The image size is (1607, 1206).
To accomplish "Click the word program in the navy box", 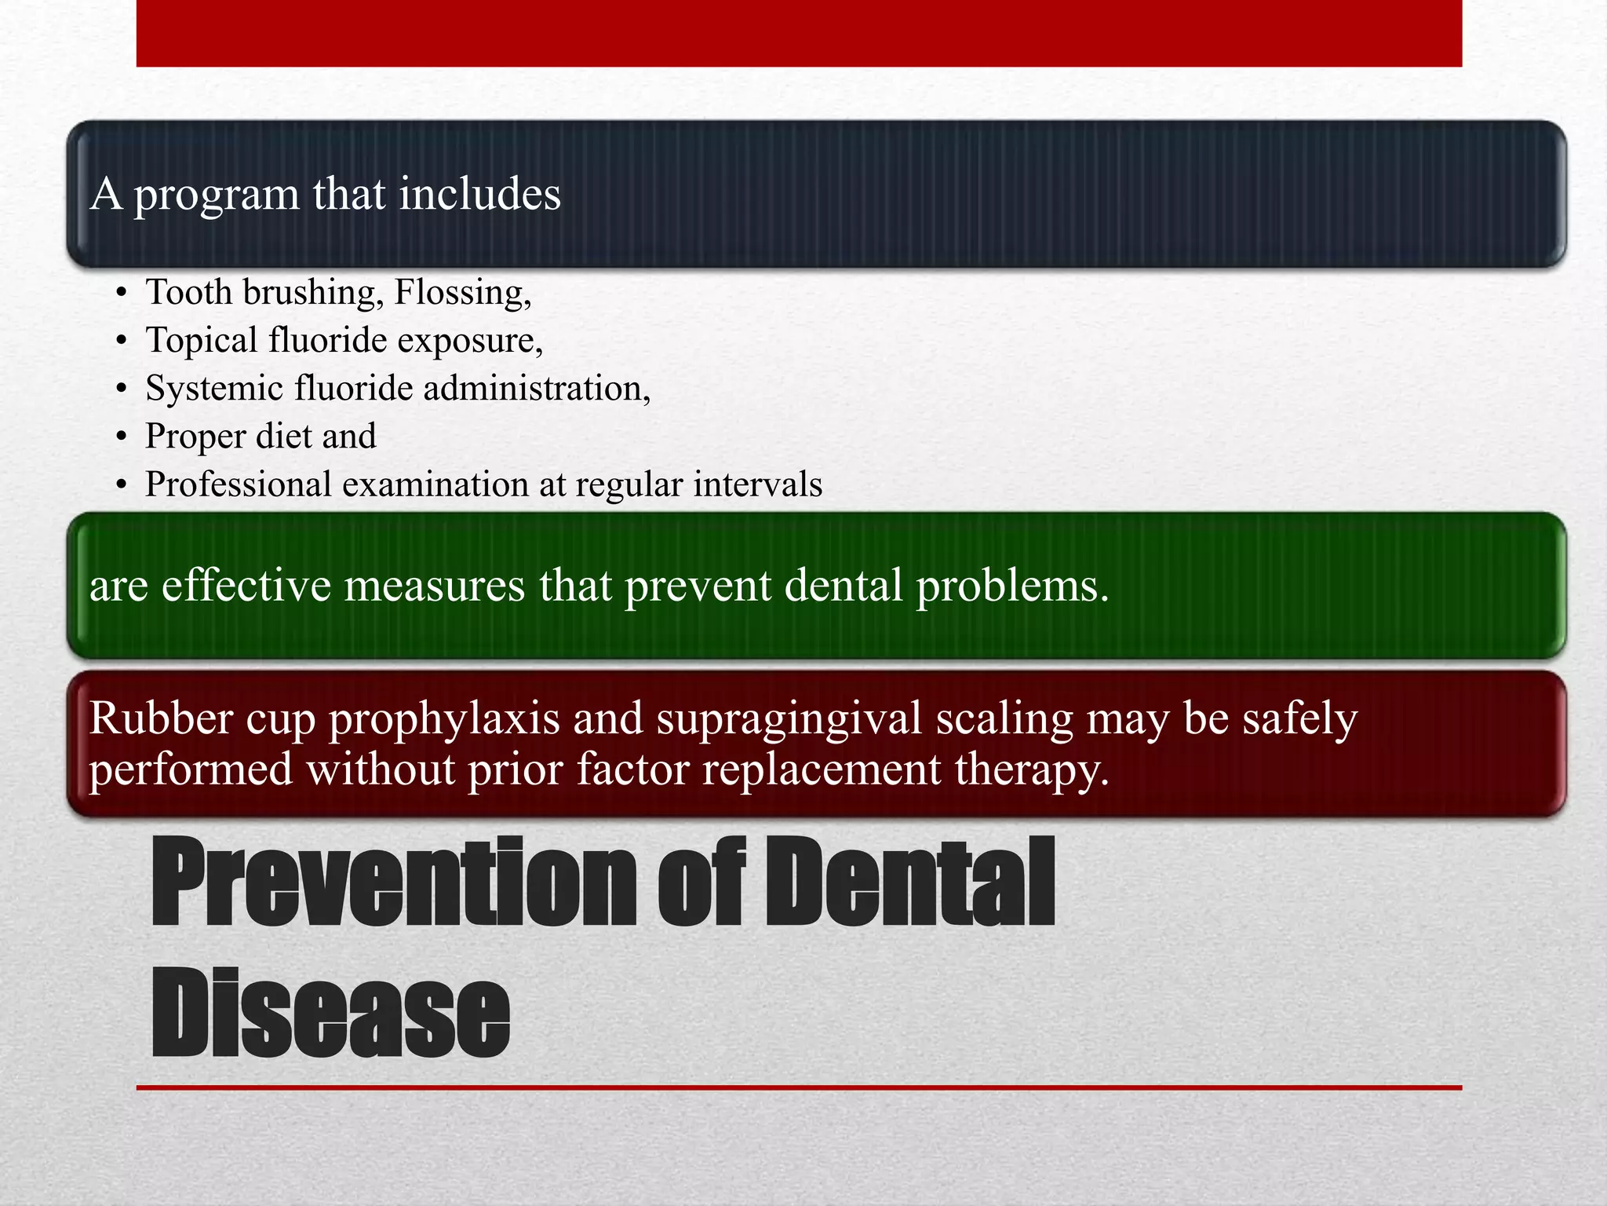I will pyautogui.click(x=216, y=196).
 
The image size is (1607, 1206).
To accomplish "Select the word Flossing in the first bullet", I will pyautogui.click(x=461, y=293).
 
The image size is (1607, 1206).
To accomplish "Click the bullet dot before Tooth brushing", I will pyautogui.click(x=120, y=294).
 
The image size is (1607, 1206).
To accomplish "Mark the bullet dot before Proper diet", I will pyautogui.click(x=120, y=437).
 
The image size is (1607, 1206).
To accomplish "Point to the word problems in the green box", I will pyautogui.click(x=1012, y=587).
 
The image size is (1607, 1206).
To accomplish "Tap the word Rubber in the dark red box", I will pyautogui.click(x=161, y=718).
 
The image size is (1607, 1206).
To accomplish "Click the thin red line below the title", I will pyautogui.click(x=799, y=1087).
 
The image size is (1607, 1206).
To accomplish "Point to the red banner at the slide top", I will pyautogui.click(x=799, y=33).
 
